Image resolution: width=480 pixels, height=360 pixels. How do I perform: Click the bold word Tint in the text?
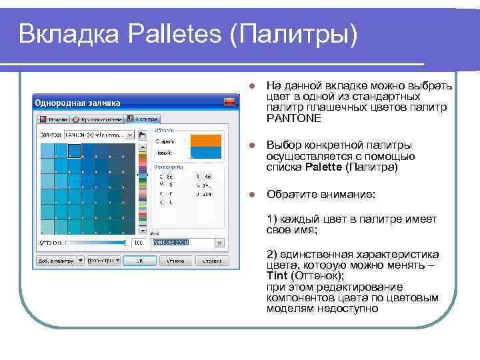277,275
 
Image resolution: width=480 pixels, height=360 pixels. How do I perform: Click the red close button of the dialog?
229,102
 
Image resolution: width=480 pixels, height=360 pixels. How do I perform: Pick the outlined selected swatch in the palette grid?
74,151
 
